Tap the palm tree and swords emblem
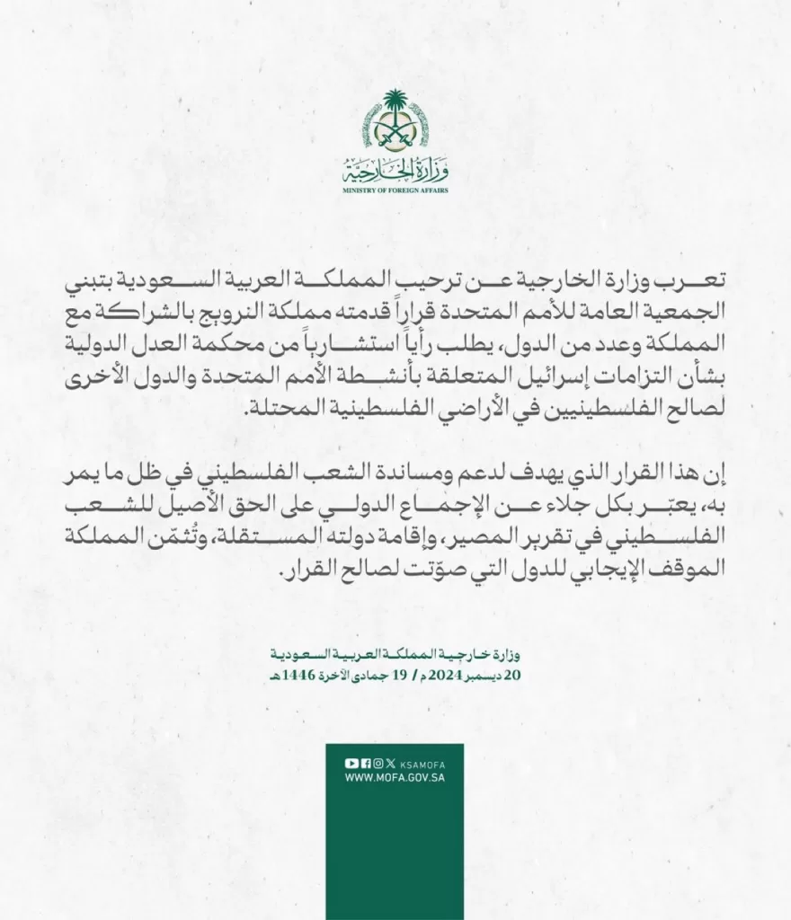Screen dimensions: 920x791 395,121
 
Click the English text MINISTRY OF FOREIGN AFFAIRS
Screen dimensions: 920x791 395,190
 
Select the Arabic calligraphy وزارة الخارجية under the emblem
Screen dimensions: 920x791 395,169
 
